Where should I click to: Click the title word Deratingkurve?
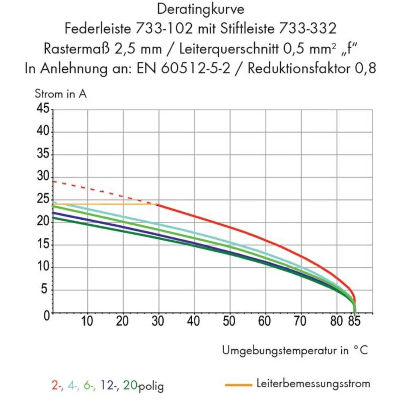pyautogui.click(x=200, y=9)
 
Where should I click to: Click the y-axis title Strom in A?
pyautogui.click(x=61, y=95)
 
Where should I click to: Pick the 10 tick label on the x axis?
pyautogui.click(x=87, y=322)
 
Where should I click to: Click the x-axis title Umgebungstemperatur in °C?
pyautogui.click(x=294, y=350)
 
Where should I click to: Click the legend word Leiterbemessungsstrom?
pyautogui.click(x=313, y=384)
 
